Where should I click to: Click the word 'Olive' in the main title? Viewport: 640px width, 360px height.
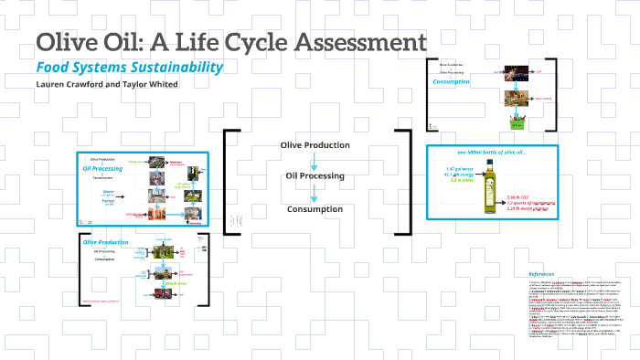[65, 42]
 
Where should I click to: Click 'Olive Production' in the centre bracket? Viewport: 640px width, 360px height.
[315, 144]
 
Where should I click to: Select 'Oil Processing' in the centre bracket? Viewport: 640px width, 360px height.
[315, 175]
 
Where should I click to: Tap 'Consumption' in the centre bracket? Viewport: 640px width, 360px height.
[315, 209]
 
